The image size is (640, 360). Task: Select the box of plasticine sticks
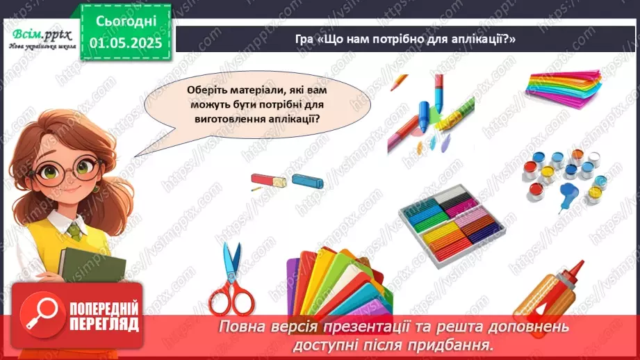coord(450,224)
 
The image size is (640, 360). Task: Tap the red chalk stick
coord(268,181)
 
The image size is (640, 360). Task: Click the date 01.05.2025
coord(126,43)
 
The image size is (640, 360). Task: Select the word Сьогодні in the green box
coord(126,21)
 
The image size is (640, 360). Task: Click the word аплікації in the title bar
coord(483,39)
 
